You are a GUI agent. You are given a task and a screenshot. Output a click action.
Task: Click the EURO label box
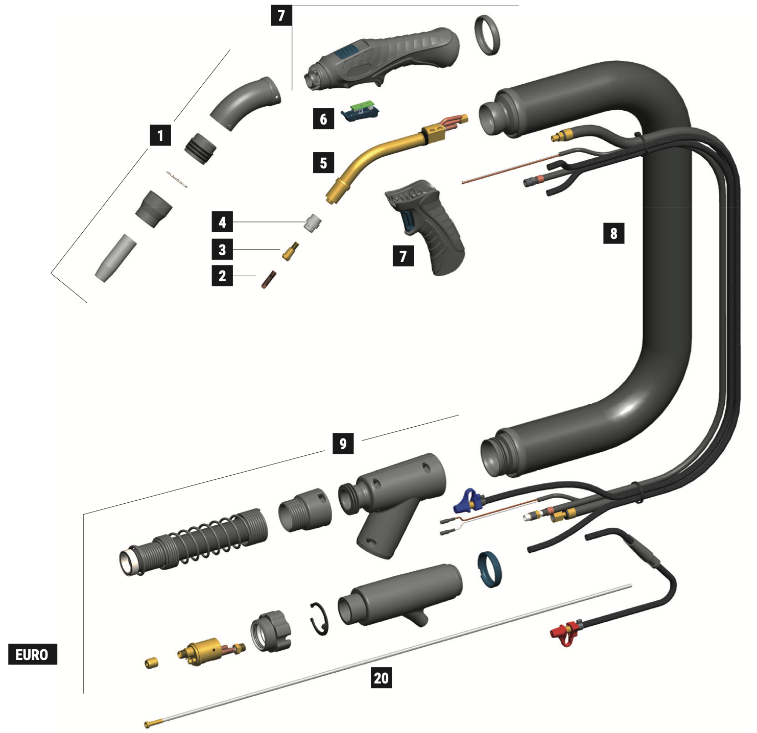[x=32, y=654]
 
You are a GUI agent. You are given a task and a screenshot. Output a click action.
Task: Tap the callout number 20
[x=381, y=678]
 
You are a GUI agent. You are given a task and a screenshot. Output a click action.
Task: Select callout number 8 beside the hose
[x=613, y=233]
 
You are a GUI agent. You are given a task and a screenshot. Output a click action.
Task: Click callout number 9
[x=343, y=444]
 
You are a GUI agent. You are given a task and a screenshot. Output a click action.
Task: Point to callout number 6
[x=323, y=119]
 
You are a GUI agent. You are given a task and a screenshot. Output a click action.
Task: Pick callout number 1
[x=160, y=135]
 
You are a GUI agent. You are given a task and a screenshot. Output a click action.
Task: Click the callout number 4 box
[x=222, y=222]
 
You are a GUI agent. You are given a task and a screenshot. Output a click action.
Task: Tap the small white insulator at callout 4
[x=313, y=223]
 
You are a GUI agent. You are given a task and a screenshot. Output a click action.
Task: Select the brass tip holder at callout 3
[x=291, y=251]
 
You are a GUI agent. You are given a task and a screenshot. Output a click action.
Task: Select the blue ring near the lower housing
[x=489, y=570]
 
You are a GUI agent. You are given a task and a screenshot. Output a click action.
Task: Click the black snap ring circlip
[x=320, y=619]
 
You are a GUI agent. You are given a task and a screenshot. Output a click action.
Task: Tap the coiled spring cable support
[x=194, y=541]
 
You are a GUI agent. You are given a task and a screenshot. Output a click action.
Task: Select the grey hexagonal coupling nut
[x=270, y=631]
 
